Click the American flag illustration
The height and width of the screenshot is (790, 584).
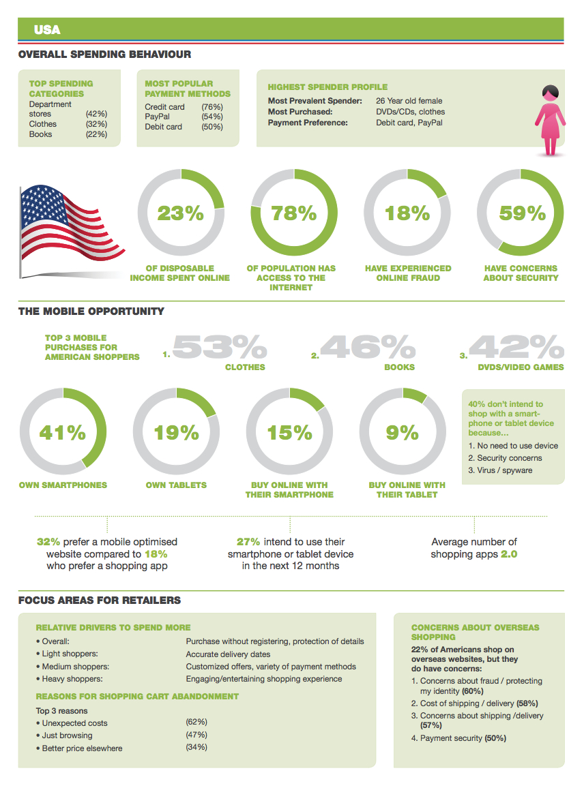(72, 225)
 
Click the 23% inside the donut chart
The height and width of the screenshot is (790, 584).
(181, 213)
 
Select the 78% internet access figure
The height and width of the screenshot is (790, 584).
(294, 213)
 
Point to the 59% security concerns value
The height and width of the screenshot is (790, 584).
(523, 213)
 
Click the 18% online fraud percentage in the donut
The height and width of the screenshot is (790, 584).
(407, 213)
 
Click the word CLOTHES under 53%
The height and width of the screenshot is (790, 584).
(245, 367)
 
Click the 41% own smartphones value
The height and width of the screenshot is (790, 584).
(63, 432)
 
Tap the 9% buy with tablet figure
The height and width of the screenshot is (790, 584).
(403, 432)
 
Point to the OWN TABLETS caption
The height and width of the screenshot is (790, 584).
(176, 485)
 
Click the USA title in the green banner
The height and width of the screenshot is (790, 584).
(47, 30)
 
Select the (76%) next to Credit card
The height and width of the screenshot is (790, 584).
(212, 108)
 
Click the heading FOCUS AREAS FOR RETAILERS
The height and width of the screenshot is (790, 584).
(100, 601)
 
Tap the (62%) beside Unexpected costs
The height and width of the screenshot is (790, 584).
(196, 722)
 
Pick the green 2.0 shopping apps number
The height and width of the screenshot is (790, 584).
(509, 554)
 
